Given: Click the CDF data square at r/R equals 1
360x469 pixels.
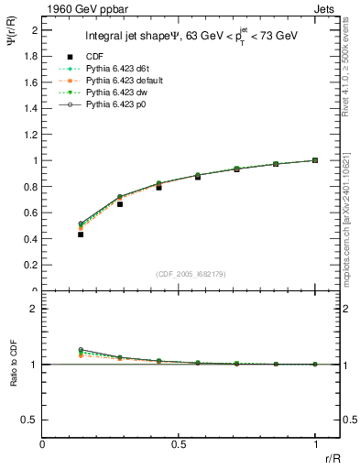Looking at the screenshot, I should pyautogui.click(x=315, y=160).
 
